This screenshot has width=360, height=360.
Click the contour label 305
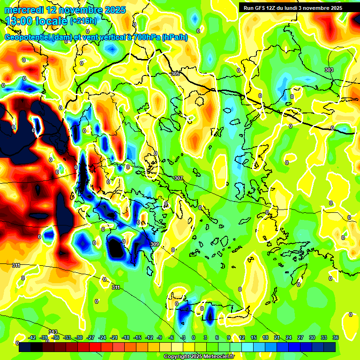175,74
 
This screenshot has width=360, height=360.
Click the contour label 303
329,70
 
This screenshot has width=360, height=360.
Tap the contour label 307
178,178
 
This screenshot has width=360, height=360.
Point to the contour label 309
155,244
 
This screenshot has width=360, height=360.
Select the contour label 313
53,332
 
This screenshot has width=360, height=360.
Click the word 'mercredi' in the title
24,10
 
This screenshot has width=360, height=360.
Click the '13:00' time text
20,21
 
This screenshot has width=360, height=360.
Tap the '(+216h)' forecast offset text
83,21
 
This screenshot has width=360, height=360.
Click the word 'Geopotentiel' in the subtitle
28,37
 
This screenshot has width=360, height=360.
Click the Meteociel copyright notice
199,357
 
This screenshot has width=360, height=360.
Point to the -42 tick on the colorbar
32,337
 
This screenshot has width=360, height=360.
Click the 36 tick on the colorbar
336,337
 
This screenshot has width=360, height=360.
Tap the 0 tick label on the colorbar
194,337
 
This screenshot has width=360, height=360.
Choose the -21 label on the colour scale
114,337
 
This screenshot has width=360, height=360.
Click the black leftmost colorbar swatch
25,347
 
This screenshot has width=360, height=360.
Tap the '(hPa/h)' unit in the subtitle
174,37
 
